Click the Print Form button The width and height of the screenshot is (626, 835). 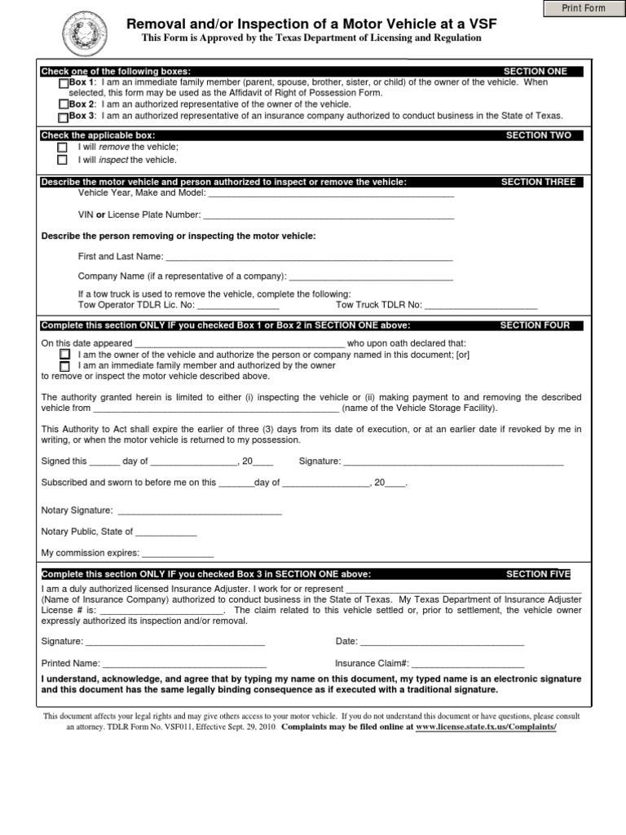[584, 8]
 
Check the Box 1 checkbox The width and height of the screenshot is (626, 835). [64, 83]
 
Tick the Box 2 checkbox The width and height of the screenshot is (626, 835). [64, 104]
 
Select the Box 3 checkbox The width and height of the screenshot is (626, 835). [64, 116]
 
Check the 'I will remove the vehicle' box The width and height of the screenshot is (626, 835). [63, 148]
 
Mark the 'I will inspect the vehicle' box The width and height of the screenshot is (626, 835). [63, 160]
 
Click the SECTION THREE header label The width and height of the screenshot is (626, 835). [538, 182]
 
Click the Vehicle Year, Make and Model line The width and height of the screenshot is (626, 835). [331, 194]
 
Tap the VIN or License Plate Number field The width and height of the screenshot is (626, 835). [328, 215]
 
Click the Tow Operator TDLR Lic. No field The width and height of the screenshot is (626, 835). [238, 306]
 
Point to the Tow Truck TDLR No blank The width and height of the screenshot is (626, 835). [481, 306]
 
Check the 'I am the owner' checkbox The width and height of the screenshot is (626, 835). [64, 355]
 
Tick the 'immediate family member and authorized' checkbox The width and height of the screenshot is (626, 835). [64, 366]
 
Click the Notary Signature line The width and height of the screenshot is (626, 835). [200, 511]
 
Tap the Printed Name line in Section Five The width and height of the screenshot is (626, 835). [184, 664]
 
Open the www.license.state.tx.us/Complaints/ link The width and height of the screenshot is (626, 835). [486, 726]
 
